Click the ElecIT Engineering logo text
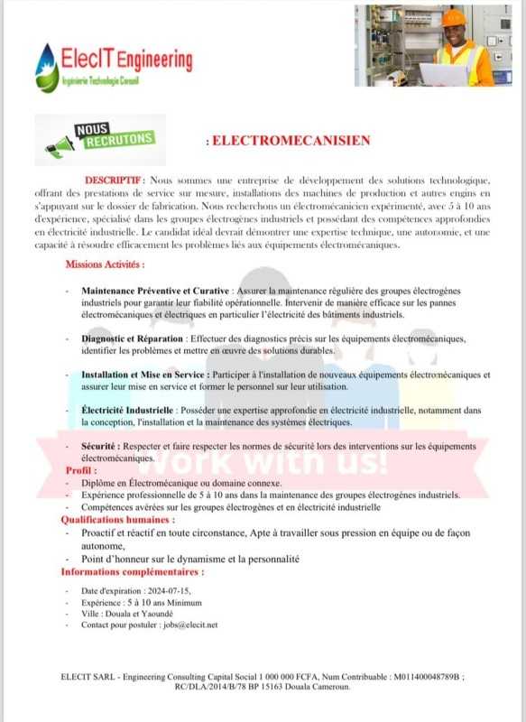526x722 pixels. pyautogui.click(x=126, y=60)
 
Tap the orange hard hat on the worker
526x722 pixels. pyautogui.click(x=454, y=17)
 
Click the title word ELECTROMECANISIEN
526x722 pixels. pyautogui.click(x=290, y=141)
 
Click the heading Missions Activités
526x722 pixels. pyautogui.click(x=105, y=264)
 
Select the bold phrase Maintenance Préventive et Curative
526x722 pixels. pyautogui.click(x=155, y=292)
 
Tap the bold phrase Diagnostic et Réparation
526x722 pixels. pyautogui.click(x=133, y=338)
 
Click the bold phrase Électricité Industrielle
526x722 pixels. pyautogui.click(x=127, y=411)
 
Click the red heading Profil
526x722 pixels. pyautogui.click(x=80, y=470)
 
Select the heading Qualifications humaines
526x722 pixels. pyautogui.click(x=117, y=521)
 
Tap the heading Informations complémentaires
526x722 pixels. pyautogui.click(x=132, y=572)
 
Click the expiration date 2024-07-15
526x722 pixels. pyautogui.click(x=165, y=590)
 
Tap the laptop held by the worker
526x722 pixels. pyautogui.click(x=443, y=75)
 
